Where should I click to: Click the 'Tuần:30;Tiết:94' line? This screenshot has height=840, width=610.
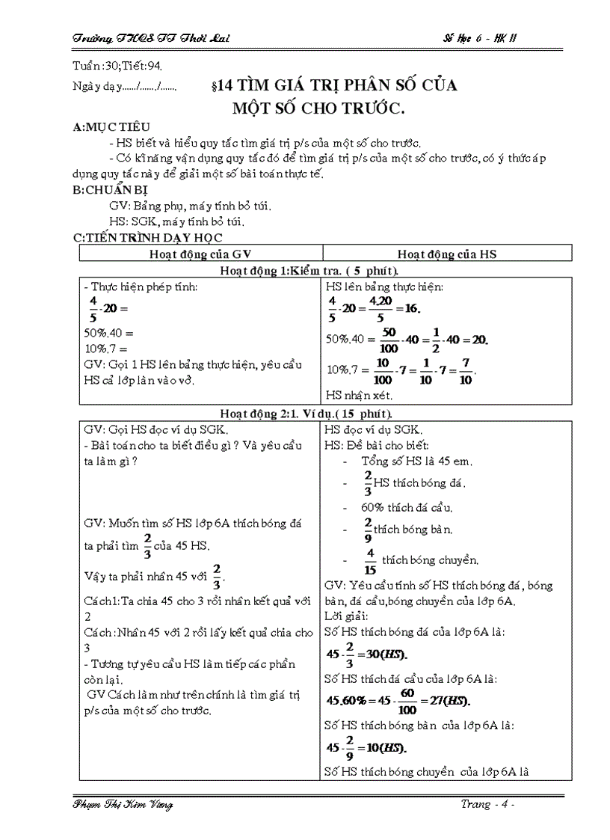point(119,67)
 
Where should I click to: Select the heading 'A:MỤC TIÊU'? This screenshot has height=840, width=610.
point(111,128)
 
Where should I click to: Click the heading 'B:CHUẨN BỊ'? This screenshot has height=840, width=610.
point(110,190)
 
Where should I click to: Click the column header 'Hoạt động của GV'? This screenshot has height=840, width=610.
point(200,254)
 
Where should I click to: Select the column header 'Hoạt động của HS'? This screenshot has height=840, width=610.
point(447,254)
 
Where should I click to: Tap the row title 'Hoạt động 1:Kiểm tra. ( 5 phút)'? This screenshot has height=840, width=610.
point(325,271)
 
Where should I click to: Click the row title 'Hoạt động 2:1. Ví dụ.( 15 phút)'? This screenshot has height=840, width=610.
point(325,413)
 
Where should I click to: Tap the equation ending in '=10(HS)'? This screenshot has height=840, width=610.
point(366,747)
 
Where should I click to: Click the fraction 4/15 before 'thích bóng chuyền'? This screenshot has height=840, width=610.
point(370,559)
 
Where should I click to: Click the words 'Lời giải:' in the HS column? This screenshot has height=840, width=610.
point(346,616)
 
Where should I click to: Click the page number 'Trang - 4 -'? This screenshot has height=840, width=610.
point(487,804)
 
